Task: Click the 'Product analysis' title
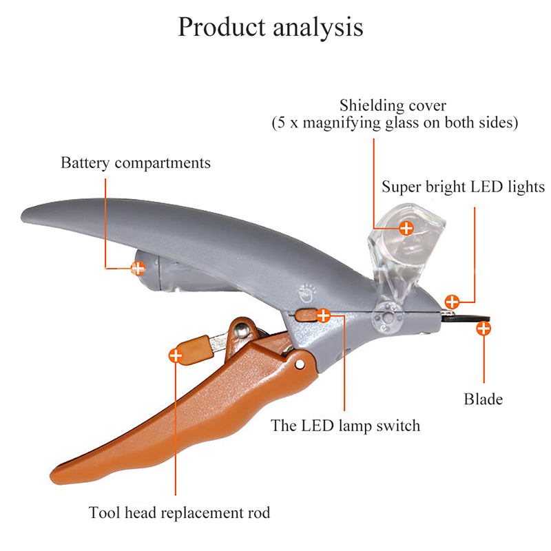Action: (270, 28)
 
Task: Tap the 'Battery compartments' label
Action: (136, 163)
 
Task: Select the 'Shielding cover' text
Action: (393, 106)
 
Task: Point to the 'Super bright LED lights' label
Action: (464, 187)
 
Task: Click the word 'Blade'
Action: (483, 399)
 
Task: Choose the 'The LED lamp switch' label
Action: (345, 425)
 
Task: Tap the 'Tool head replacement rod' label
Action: (179, 512)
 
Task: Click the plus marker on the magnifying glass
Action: (407, 227)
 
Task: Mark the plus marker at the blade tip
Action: (484, 328)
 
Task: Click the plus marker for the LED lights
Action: (452, 301)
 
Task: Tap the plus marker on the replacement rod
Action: (176, 355)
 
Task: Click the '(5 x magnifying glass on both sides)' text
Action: (393, 123)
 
